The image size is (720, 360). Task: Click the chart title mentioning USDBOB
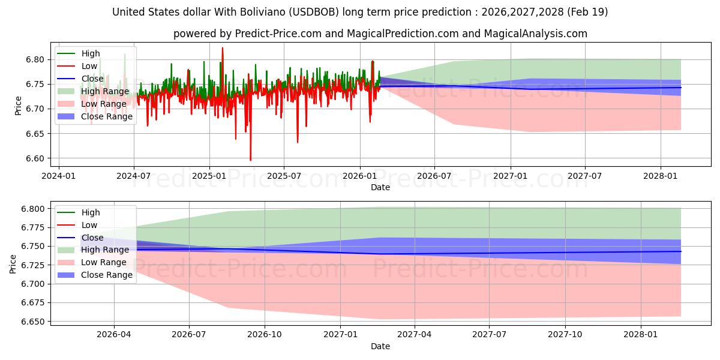pyautogui.click(x=360, y=12)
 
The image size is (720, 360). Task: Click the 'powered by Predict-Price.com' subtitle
pyautogui.click(x=380, y=34)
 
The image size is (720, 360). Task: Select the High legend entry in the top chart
pyautogui.click(x=91, y=53)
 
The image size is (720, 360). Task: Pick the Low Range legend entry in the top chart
pyautogui.click(x=105, y=104)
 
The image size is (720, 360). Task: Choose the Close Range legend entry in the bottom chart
pyautogui.click(x=107, y=275)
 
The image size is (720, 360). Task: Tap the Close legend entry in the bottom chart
pyautogui.click(x=93, y=238)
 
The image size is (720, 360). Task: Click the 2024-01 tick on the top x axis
pyautogui.click(x=58, y=176)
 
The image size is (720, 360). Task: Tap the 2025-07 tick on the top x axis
pyautogui.click(x=284, y=176)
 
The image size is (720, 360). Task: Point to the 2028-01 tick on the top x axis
pyautogui.click(x=661, y=176)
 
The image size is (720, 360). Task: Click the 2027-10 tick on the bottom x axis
pyautogui.click(x=565, y=335)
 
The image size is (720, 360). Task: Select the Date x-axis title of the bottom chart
pyautogui.click(x=380, y=346)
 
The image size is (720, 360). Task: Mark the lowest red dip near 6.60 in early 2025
pyautogui.click(x=250, y=160)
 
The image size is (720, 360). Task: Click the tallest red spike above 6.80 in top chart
pyautogui.click(x=223, y=49)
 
